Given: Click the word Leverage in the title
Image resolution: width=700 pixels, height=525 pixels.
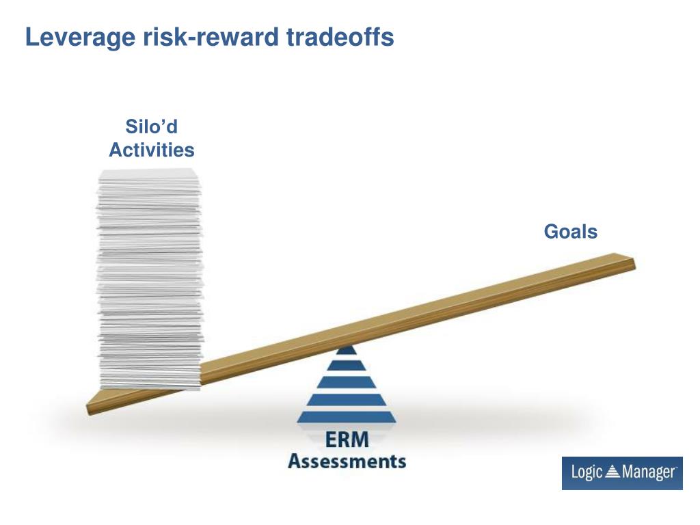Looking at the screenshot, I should [x=81, y=38].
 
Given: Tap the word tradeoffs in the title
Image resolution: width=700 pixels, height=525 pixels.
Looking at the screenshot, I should [x=340, y=38].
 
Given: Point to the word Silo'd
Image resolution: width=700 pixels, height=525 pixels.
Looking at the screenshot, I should [x=151, y=127].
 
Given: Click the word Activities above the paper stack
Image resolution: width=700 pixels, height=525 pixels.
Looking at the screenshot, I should [x=151, y=150].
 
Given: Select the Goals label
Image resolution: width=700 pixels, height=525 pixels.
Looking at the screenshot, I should [x=570, y=232].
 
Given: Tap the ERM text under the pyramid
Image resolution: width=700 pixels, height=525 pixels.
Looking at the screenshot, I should [x=347, y=442].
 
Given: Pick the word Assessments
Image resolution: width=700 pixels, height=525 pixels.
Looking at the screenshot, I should [x=347, y=461].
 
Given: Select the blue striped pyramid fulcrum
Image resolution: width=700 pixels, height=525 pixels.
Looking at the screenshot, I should [x=347, y=390].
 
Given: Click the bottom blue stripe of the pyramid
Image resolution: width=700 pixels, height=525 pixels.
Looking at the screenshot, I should [x=347, y=416].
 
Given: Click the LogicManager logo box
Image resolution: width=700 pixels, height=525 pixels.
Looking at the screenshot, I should [x=622, y=473].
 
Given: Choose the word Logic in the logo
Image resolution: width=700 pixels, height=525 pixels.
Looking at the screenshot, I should [x=587, y=473].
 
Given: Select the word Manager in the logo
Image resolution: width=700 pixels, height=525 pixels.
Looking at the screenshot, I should [x=648, y=473].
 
